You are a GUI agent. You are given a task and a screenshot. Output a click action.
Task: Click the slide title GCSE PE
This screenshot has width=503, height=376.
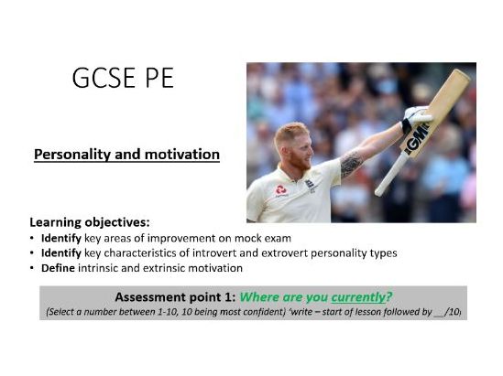coord(122,79)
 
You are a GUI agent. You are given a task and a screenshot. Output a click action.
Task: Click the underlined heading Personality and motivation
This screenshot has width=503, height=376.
coord(126,155)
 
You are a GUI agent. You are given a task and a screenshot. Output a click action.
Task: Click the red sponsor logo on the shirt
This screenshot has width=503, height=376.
coord(281,190)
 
